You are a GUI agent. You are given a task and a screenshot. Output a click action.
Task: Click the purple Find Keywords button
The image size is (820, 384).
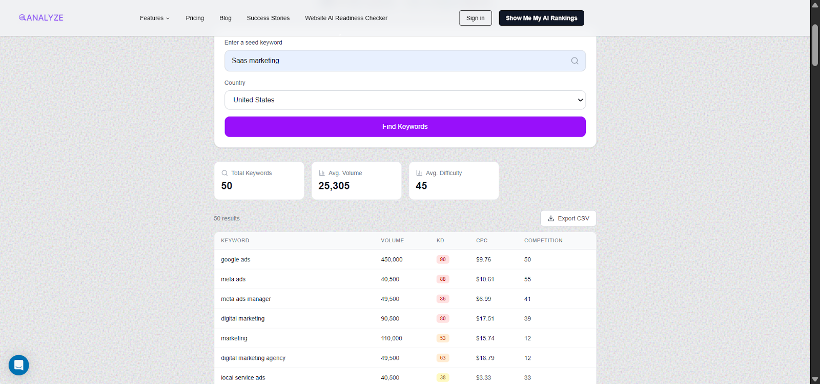pos(405,127)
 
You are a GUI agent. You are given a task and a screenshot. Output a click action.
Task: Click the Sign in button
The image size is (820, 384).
pos(475,18)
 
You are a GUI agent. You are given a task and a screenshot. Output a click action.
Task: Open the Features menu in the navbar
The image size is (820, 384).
pos(154,18)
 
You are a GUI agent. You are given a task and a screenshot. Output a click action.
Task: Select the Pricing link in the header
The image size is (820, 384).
pos(195,18)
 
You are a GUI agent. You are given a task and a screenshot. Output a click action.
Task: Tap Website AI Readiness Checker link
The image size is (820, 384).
pos(346,18)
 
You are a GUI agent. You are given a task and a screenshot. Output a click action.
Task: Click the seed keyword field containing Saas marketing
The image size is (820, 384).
pos(395,61)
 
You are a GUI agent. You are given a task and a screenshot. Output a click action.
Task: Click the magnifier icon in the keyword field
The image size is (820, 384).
pos(575,61)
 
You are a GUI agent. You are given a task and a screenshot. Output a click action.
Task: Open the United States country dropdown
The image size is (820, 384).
pos(405,100)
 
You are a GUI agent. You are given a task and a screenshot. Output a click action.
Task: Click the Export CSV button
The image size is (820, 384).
pos(568,218)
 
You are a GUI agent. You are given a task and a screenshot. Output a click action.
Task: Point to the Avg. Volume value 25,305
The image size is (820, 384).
pos(334,186)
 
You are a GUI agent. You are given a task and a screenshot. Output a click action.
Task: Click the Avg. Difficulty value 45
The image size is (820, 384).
pos(421,186)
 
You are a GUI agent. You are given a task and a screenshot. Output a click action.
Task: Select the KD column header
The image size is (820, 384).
pos(440,240)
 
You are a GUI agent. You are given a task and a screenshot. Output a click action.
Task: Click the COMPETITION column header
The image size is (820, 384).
pos(543,240)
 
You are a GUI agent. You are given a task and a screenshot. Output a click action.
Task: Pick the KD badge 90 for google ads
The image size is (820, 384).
pos(443,259)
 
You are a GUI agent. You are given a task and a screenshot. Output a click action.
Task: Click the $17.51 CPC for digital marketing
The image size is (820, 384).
pos(485,318)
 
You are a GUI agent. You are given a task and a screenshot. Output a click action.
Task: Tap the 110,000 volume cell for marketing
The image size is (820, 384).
pos(392,338)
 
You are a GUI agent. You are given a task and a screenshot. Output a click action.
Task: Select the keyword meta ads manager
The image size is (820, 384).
pos(246,299)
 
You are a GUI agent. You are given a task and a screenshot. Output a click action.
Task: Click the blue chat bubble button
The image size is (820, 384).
pos(19,365)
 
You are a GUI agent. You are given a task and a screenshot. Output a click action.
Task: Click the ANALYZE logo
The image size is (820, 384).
pos(41,17)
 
